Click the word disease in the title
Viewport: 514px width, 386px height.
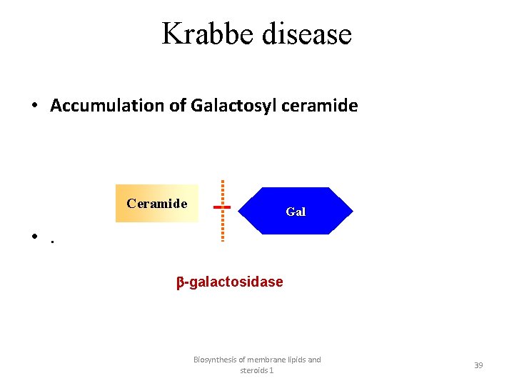[x=308, y=34]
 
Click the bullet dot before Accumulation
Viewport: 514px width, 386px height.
[x=34, y=107]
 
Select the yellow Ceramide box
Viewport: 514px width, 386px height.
[x=157, y=204]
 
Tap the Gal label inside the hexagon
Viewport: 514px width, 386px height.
[x=296, y=212]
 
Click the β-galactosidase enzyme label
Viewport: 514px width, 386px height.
[x=230, y=282]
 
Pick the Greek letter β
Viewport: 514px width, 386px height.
[x=181, y=282]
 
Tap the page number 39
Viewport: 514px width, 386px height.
[x=478, y=365]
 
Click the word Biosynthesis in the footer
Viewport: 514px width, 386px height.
[x=217, y=360]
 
